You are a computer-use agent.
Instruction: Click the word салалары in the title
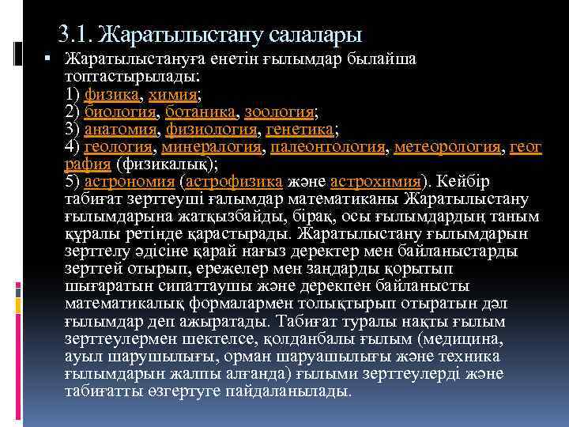pos(315,35)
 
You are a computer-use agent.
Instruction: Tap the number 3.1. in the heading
pos(74,35)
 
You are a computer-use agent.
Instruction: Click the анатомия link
pos(122,130)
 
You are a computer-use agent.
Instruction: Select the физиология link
pos(213,130)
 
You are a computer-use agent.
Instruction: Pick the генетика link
pos(300,130)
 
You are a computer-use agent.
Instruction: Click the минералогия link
pos(215,147)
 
